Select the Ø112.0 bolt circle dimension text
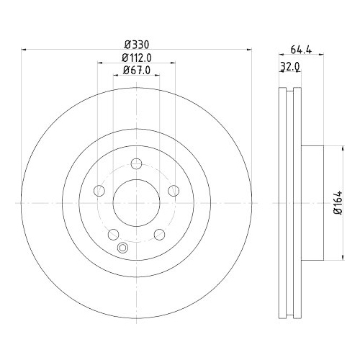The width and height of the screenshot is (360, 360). point(135,57)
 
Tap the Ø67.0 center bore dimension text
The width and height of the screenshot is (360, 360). point(135,70)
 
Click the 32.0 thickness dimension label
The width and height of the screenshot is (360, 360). point(289,67)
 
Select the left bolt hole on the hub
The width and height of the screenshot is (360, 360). point(99,190)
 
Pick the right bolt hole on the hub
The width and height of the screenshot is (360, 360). point(172,190)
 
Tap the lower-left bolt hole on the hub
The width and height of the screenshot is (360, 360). point(113,233)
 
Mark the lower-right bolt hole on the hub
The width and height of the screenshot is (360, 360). point(158,233)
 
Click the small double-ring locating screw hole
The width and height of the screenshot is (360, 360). point(122,249)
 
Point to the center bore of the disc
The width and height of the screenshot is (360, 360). point(135,202)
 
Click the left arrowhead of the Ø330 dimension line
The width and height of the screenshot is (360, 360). point(26,50)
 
